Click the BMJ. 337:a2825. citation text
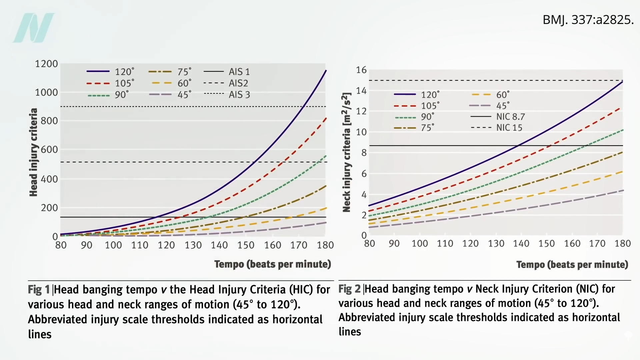588,20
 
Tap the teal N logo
34,28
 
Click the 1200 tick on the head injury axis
46,64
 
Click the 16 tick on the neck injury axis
361,70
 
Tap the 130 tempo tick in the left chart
193,245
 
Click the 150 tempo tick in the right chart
546,244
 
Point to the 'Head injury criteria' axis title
33,152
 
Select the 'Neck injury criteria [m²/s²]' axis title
347,152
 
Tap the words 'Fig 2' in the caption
349,289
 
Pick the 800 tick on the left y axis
49,121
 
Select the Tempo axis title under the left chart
272,264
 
